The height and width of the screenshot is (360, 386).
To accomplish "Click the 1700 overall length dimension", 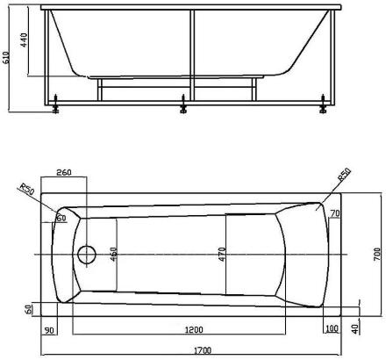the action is (x=203, y=350).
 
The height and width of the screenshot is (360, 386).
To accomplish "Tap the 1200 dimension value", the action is (x=194, y=330).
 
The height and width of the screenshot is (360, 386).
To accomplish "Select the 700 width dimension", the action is (x=377, y=254).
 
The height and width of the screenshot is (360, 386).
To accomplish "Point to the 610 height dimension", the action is (x=6, y=57).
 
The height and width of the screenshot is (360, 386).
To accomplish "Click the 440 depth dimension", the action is (x=24, y=40).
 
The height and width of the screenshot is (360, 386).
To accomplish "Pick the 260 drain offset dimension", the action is (x=64, y=172).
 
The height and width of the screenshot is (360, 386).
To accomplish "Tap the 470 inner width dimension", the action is (x=222, y=254).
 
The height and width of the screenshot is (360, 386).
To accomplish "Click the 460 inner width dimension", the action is (x=114, y=254).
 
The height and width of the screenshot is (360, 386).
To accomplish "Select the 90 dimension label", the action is (x=49, y=330).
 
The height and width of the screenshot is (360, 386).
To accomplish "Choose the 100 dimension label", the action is (x=332, y=328).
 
